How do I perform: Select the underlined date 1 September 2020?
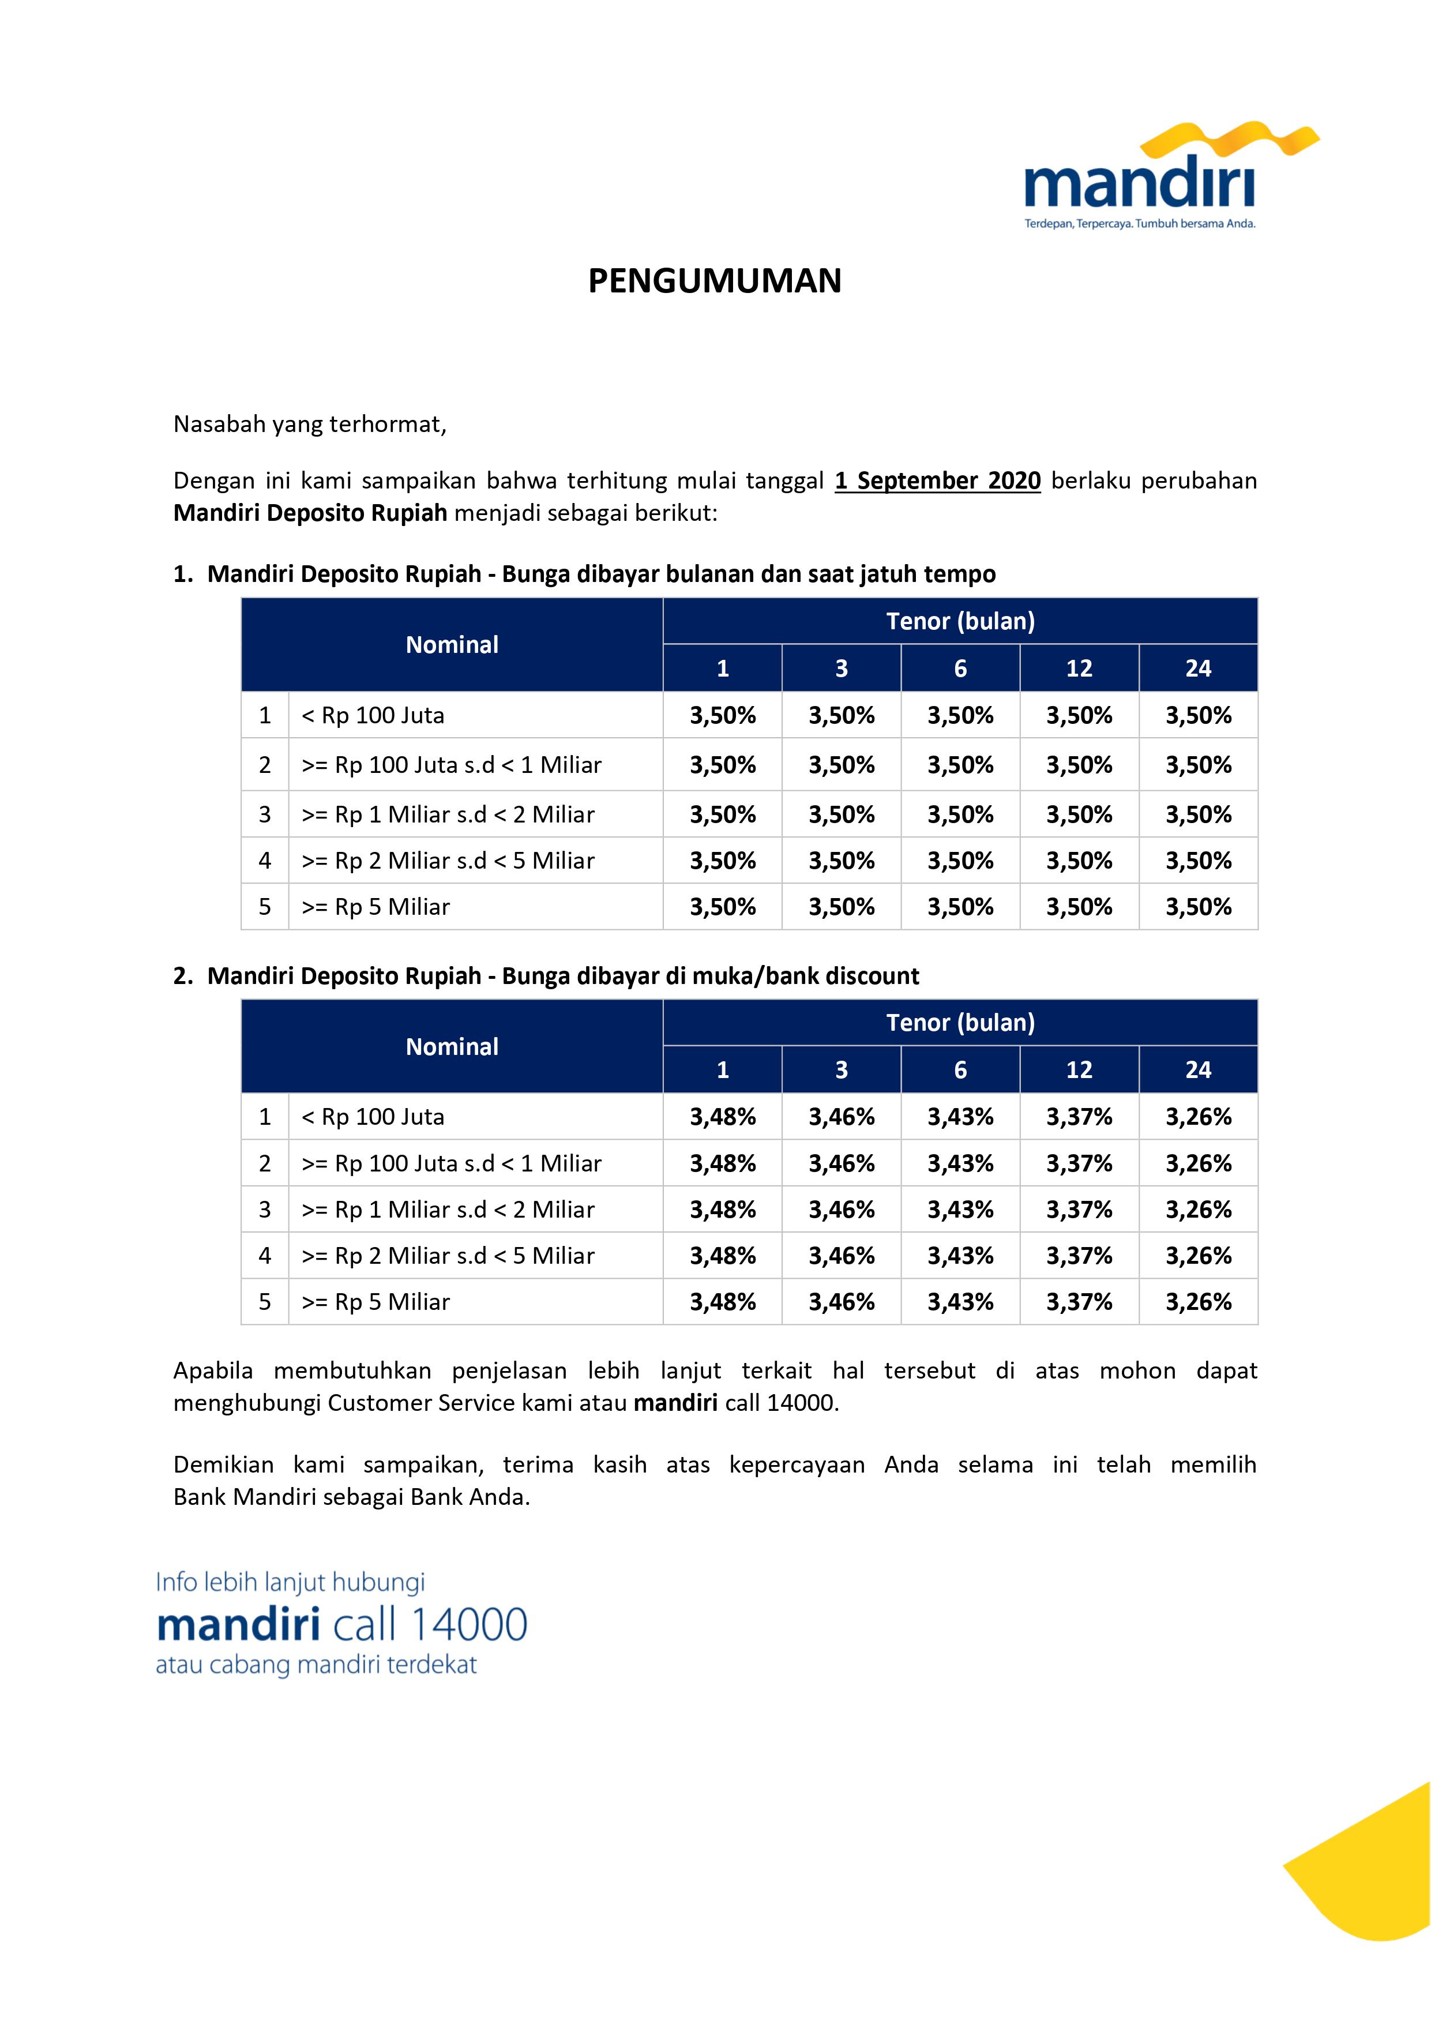coord(937,480)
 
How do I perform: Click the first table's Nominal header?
coord(452,644)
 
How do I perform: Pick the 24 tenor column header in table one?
coord(1197,668)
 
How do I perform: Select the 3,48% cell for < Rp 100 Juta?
coord(722,1117)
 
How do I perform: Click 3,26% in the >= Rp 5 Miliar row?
coord(1197,1302)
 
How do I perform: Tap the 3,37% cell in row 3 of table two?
coord(1079,1210)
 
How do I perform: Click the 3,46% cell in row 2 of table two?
coord(841,1163)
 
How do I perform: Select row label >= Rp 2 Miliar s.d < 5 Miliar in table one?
coord(448,861)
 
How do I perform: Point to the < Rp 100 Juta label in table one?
coord(373,715)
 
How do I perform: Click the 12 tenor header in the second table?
coord(1079,1069)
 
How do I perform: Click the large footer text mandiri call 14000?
coord(341,1625)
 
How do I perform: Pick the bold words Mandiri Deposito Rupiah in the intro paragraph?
coord(310,513)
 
